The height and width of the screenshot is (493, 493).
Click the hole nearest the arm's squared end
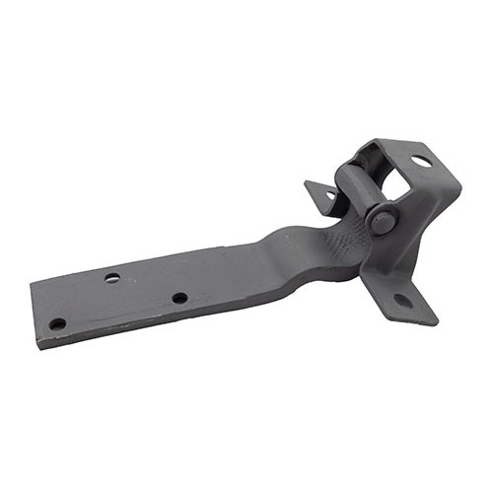(x=58, y=323)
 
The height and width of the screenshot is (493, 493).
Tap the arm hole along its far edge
(x=112, y=278)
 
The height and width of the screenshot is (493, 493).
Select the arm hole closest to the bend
(x=179, y=298)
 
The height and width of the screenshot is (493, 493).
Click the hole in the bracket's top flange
(x=421, y=161)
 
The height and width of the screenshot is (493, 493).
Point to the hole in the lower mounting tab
(x=403, y=300)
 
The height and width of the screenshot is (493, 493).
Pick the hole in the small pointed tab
(x=329, y=194)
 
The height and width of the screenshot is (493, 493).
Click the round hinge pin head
(x=382, y=220)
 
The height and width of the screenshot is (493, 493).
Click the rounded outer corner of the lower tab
(x=432, y=317)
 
